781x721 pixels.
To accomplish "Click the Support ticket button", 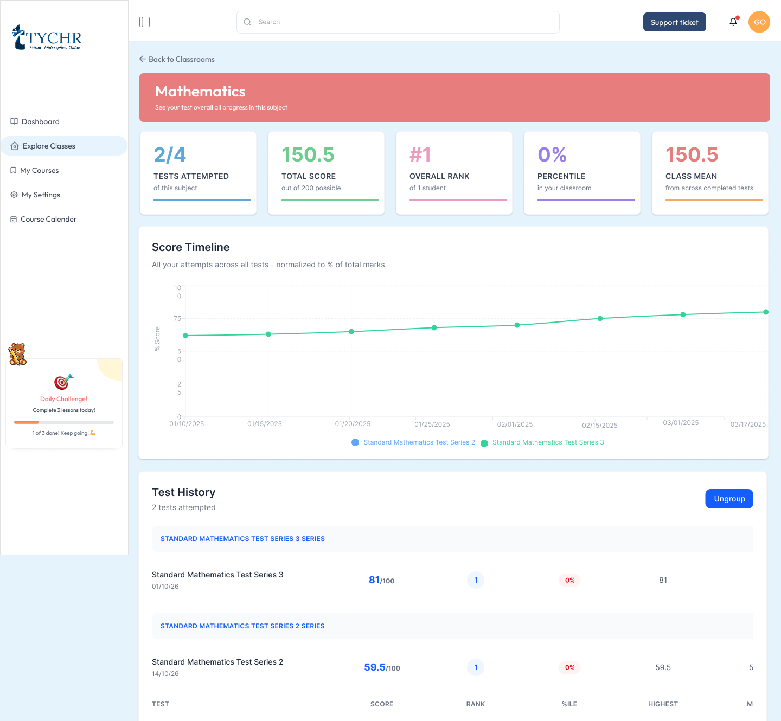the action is (x=674, y=22).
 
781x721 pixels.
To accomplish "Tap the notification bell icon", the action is (x=733, y=22).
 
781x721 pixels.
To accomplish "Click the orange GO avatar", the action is (x=759, y=22).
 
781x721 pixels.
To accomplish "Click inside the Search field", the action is (x=398, y=22).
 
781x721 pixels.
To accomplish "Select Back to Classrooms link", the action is (x=177, y=59).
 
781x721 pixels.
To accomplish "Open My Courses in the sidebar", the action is (x=40, y=170).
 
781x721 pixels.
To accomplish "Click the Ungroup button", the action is (x=729, y=499).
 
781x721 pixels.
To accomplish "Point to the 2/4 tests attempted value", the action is (x=170, y=154).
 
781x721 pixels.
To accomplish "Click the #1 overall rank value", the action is (x=420, y=154).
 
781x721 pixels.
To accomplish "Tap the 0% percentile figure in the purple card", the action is (x=552, y=154).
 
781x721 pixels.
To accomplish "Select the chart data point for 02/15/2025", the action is (x=600, y=318).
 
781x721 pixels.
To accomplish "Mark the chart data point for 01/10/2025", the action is (x=185, y=336).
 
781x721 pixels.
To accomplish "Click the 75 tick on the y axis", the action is (x=177, y=318).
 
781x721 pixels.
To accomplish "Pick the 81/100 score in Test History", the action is (x=381, y=580).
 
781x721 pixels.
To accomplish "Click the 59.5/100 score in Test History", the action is (x=382, y=667).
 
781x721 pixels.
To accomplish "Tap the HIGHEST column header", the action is (x=663, y=704).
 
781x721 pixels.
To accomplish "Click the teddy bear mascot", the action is (x=18, y=354).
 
